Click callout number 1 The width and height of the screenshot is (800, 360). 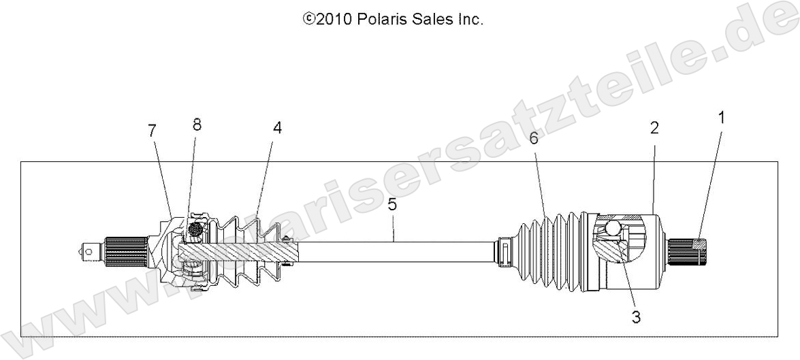721,117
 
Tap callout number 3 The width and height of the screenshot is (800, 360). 635,316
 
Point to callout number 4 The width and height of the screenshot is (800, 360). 277,128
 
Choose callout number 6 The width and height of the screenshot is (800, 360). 533,138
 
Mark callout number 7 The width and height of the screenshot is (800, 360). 153,130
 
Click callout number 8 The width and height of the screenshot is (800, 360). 197,125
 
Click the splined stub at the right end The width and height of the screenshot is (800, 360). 688,250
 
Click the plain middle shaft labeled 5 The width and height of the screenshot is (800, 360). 395,250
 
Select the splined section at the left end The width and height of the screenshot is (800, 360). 126,250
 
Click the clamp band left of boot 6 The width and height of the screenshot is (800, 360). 506,250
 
